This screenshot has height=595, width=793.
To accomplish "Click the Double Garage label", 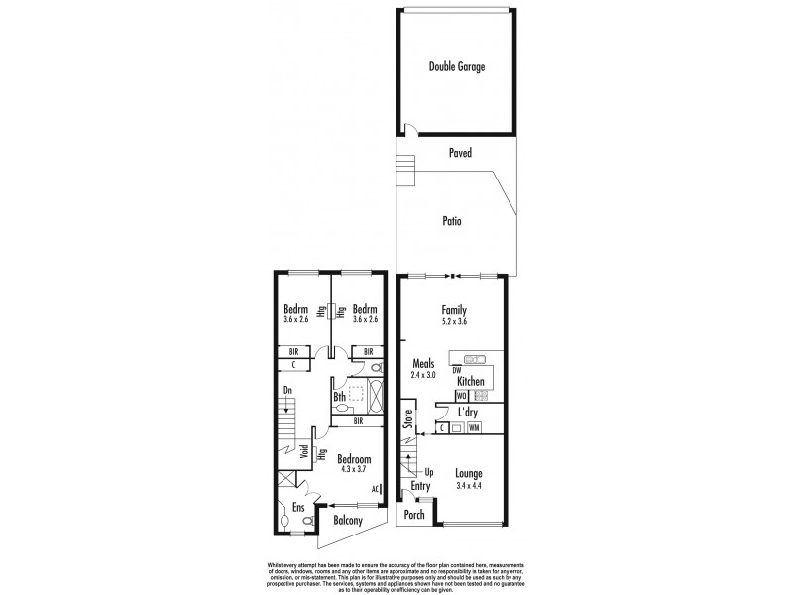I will click(x=457, y=67).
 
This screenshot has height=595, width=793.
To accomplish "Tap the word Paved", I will click(x=459, y=154).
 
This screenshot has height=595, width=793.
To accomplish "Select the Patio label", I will click(x=452, y=221).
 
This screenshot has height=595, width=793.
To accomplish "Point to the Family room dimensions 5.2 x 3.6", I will click(x=455, y=321).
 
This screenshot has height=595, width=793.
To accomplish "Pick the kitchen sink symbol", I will click(x=474, y=358).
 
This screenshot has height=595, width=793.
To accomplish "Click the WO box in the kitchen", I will click(x=461, y=396).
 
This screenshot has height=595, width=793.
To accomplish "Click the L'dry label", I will click(x=470, y=411).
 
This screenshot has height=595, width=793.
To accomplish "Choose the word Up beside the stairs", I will click(x=429, y=472).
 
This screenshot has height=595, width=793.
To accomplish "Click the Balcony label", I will click(x=347, y=521).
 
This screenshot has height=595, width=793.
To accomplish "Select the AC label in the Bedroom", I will click(x=377, y=489).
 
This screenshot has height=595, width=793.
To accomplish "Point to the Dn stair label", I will click(x=287, y=391).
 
